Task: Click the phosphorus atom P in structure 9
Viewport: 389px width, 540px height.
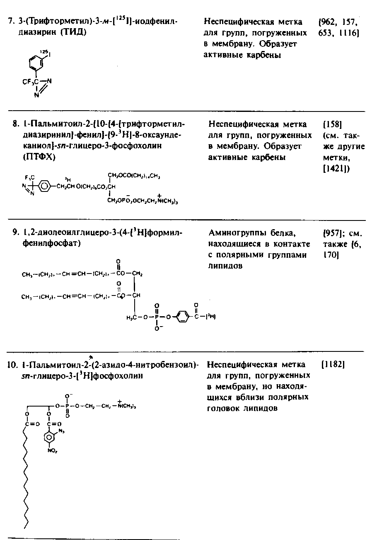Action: tap(157, 317)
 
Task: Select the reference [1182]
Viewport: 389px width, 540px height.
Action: tap(333, 365)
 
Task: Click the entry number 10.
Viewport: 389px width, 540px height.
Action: tap(12, 365)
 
